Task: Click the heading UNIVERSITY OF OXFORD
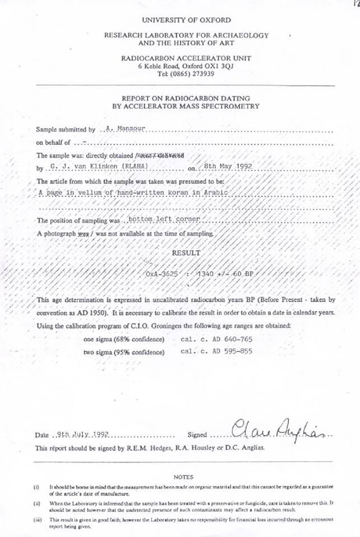pos(185,20)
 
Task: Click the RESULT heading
pos(186,253)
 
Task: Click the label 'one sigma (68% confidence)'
pos(124,340)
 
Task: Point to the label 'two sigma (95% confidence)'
pos(124,352)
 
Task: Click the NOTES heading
pos(183,477)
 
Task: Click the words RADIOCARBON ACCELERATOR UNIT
pos(185,58)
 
